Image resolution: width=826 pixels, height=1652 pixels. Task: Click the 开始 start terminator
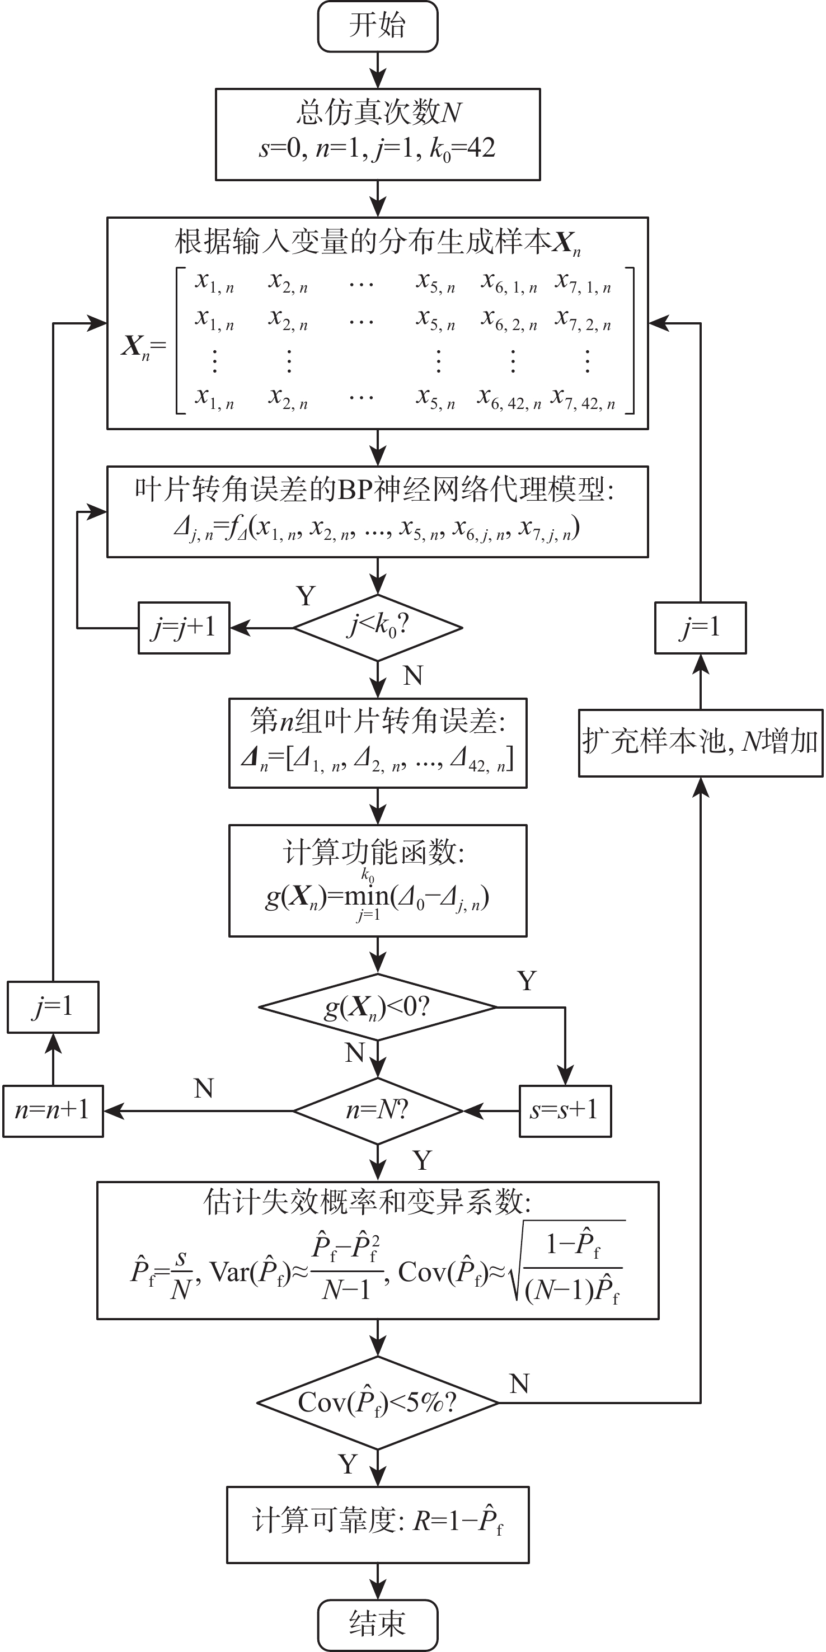(x=378, y=26)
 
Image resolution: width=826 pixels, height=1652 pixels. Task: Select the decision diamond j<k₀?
(x=378, y=627)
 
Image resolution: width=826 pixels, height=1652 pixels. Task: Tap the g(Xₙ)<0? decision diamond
(x=378, y=1007)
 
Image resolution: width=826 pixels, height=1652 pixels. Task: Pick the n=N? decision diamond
(x=378, y=1110)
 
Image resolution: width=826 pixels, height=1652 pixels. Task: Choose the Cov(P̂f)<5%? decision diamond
(x=378, y=1402)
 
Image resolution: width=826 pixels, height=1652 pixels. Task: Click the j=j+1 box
(x=184, y=628)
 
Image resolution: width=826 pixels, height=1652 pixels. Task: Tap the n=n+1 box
(x=53, y=1110)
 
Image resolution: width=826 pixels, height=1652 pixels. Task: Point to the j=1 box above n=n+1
(x=53, y=1007)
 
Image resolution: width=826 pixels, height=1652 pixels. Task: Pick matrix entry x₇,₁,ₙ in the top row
(x=584, y=282)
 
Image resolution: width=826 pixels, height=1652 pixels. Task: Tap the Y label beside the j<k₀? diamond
(x=306, y=596)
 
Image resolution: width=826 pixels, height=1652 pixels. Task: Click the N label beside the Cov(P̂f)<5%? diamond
(x=519, y=1384)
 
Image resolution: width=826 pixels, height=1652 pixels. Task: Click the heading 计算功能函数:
(x=374, y=853)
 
